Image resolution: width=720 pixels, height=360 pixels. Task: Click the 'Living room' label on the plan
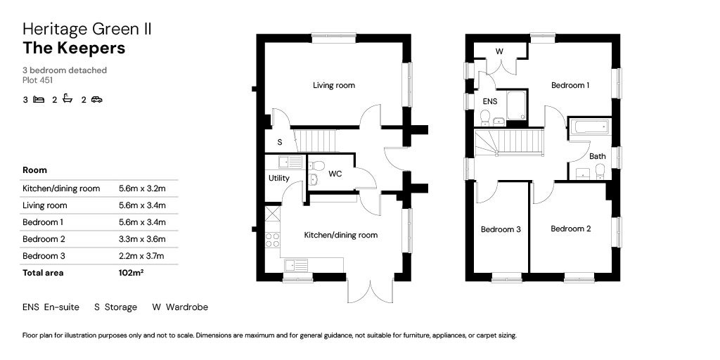tap(334, 86)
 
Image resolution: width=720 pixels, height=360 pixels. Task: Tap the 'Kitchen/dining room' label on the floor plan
tap(340, 235)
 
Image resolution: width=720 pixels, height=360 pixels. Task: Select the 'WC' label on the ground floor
tap(335, 174)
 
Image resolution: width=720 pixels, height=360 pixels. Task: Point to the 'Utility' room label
tap(278, 178)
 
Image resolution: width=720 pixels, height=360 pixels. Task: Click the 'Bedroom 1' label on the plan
tap(570, 85)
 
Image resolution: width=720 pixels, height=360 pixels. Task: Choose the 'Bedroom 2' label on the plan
tap(570, 229)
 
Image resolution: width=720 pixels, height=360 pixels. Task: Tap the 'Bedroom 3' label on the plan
tap(501, 229)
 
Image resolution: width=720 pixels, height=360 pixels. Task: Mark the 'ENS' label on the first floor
tap(489, 101)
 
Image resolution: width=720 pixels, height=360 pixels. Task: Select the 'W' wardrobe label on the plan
tap(499, 51)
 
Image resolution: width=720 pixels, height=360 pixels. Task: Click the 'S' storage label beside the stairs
tap(280, 142)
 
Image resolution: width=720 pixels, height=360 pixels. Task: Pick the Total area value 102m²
tap(131, 273)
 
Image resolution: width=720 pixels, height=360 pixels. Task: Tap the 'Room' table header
tap(35, 170)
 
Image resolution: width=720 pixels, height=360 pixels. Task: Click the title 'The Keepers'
tap(74, 48)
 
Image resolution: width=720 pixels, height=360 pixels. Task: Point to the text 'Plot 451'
tap(38, 81)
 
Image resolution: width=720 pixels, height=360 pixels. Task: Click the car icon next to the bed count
tap(96, 100)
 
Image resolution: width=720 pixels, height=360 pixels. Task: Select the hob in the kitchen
tap(272, 240)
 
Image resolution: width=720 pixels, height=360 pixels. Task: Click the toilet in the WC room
tap(316, 167)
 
